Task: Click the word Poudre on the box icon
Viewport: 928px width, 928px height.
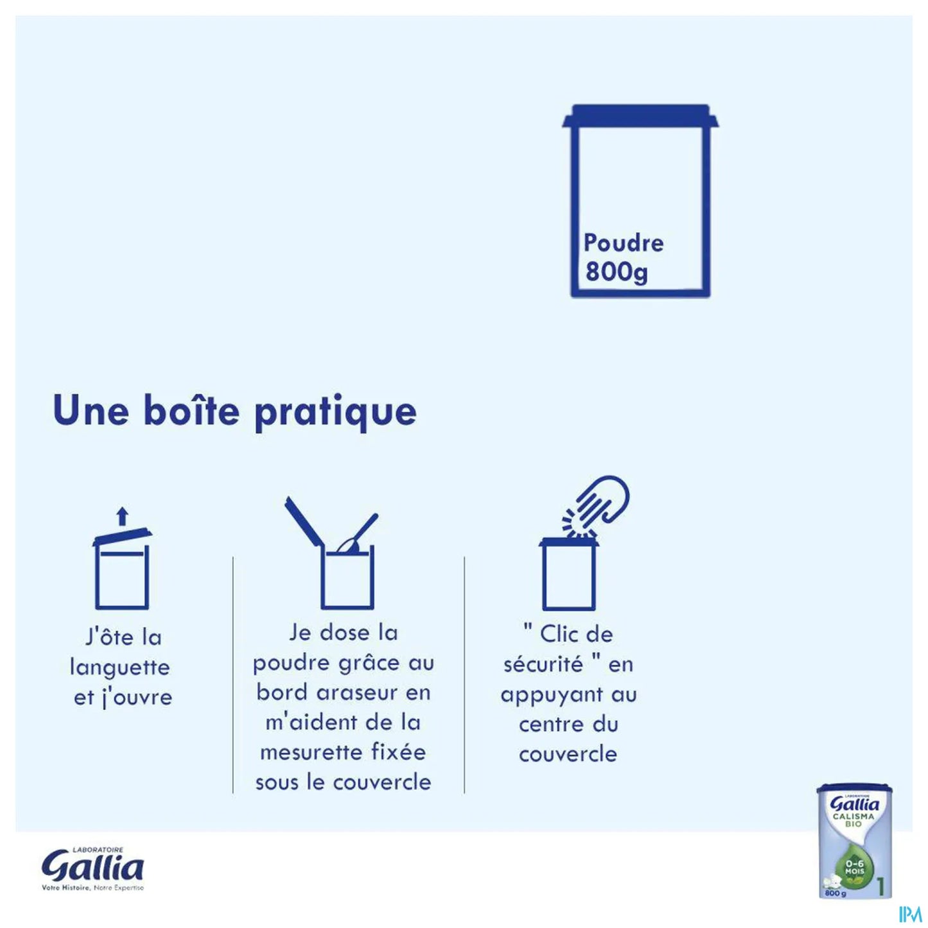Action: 623,243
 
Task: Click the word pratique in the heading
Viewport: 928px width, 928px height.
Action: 335,412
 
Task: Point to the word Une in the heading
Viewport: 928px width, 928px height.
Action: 91,410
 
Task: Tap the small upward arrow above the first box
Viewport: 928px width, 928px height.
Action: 123,516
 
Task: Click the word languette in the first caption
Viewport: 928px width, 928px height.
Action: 119,667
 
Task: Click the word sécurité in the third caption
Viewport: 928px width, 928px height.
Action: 543,664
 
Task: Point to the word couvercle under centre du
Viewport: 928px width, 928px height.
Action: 568,754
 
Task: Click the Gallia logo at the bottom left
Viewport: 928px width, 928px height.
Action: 92,868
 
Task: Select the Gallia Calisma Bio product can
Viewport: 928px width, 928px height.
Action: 854,841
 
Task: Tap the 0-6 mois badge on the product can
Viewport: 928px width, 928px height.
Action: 854,868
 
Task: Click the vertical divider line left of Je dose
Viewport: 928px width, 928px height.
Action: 232,674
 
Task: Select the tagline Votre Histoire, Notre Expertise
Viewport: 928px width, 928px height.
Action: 92,888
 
